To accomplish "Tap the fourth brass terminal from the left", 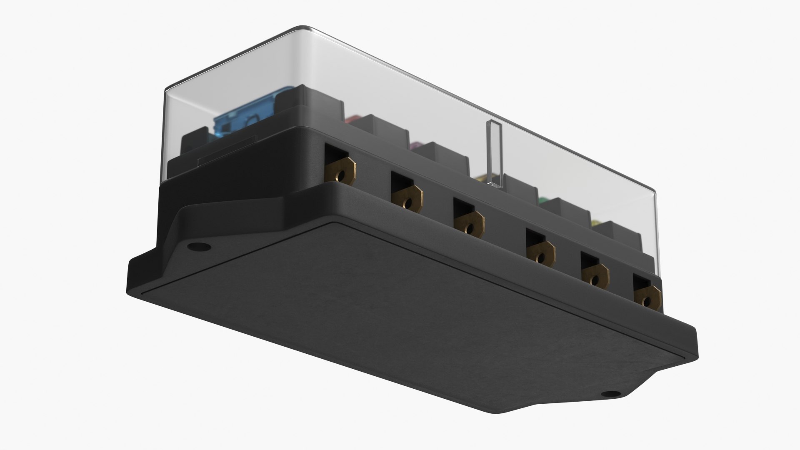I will tap(540, 254).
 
